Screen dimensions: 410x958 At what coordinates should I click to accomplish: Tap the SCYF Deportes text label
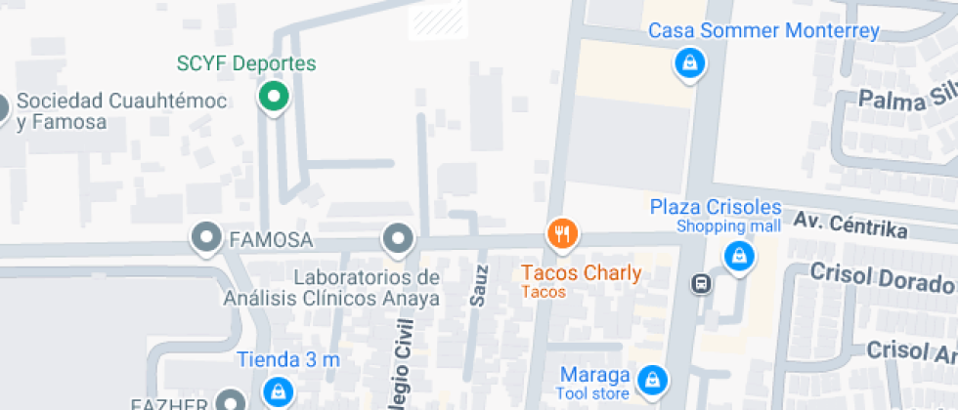[x=246, y=64]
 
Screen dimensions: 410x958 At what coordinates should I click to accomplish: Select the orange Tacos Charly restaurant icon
[x=561, y=234]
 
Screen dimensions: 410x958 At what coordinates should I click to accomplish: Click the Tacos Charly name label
[x=582, y=273]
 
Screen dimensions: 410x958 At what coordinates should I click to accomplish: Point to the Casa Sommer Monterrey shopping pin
[x=690, y=64]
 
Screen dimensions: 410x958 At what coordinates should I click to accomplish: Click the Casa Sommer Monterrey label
[x=764, y=31]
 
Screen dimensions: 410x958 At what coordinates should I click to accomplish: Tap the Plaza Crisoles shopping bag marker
[x=738, y=257]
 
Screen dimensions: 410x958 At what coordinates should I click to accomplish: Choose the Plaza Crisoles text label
[x=716, y=208]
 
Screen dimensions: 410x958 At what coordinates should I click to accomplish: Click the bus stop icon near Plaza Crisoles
[x=701, y=284]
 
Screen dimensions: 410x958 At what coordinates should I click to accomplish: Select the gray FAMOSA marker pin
[x=206, y=237]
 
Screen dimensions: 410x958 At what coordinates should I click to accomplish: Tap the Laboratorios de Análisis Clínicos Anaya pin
[x=397, y=237]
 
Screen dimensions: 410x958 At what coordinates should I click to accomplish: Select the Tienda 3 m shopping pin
[x=279, y=391]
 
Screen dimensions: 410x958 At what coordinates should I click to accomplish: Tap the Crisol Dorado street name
[x=881, y=279]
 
